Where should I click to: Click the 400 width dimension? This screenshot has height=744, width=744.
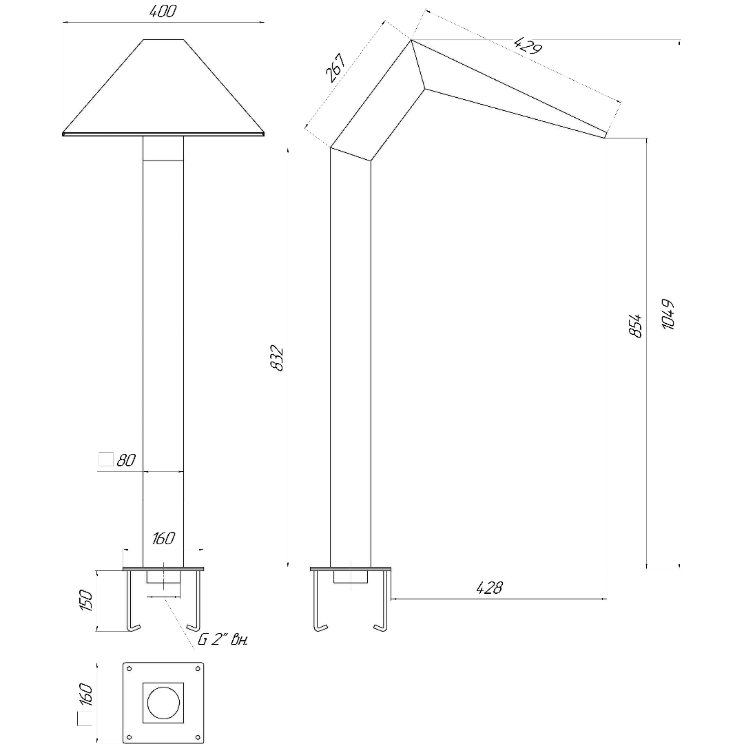click(163, 12)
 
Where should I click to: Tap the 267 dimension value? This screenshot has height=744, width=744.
click(335, 68)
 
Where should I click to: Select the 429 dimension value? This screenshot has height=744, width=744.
click(528, 45)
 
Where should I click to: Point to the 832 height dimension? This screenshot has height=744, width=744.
click(276, 358)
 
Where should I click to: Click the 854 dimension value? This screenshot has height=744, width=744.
click(635, 325)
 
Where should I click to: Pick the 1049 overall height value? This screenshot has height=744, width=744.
click(668, 314)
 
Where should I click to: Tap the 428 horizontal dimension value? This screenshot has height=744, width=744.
click(489, 588)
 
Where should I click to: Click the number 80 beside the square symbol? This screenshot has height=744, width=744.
click(126, 460)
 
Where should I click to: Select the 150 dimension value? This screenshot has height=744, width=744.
click(85, 600)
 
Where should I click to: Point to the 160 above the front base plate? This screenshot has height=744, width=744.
click(163, 539)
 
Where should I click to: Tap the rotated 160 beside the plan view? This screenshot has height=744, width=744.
click(85, 694)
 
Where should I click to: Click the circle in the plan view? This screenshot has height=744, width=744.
click(163, 703)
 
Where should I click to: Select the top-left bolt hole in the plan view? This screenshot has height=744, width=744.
click(129, 668)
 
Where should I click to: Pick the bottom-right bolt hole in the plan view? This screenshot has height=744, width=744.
click(198, 737)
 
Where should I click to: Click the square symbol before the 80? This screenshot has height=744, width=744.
click(106, 459)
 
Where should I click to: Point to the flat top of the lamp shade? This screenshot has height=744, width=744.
click(163, 39)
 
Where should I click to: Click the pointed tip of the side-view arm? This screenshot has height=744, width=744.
click(605, 136)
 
